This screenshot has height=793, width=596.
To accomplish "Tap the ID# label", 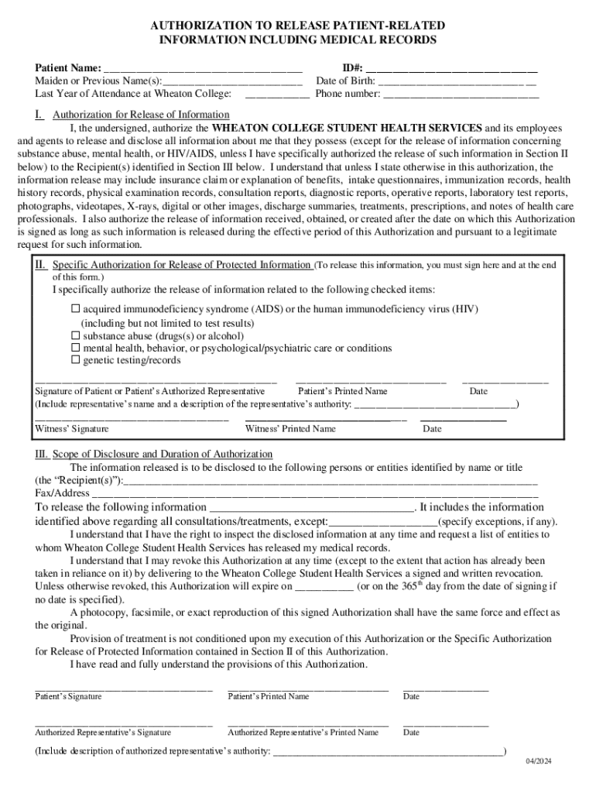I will tap(352, 67).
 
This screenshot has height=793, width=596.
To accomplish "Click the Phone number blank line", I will tap(461, 94).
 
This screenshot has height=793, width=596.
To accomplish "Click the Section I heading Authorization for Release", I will tap(141, 115).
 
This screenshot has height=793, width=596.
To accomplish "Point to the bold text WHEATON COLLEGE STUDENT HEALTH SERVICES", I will tap(347, 128).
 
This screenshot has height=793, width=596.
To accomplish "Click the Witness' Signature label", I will tap(72, 429).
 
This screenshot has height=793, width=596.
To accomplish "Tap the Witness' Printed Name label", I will tap(290, 429).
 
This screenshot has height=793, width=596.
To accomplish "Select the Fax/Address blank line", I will tap(314, 493).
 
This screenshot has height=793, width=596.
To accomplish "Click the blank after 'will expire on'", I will tap(324, 587).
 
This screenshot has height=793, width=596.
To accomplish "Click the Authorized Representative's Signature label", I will tap(103, 733).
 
